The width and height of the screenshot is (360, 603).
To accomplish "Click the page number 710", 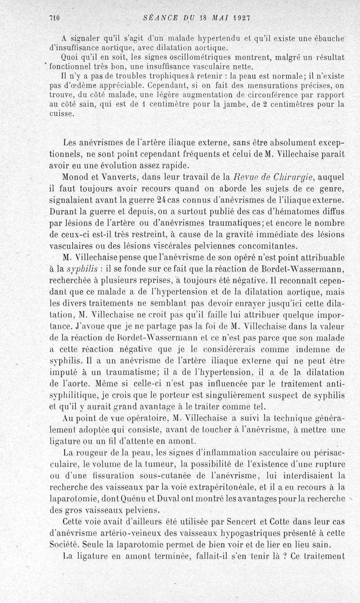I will tap(55, 18).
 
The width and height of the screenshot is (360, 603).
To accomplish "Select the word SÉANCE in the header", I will tap(159, 18).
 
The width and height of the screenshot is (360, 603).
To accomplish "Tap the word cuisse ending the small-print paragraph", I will tap(61, 113).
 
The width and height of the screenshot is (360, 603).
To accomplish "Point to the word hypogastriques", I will tap(222, 533).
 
